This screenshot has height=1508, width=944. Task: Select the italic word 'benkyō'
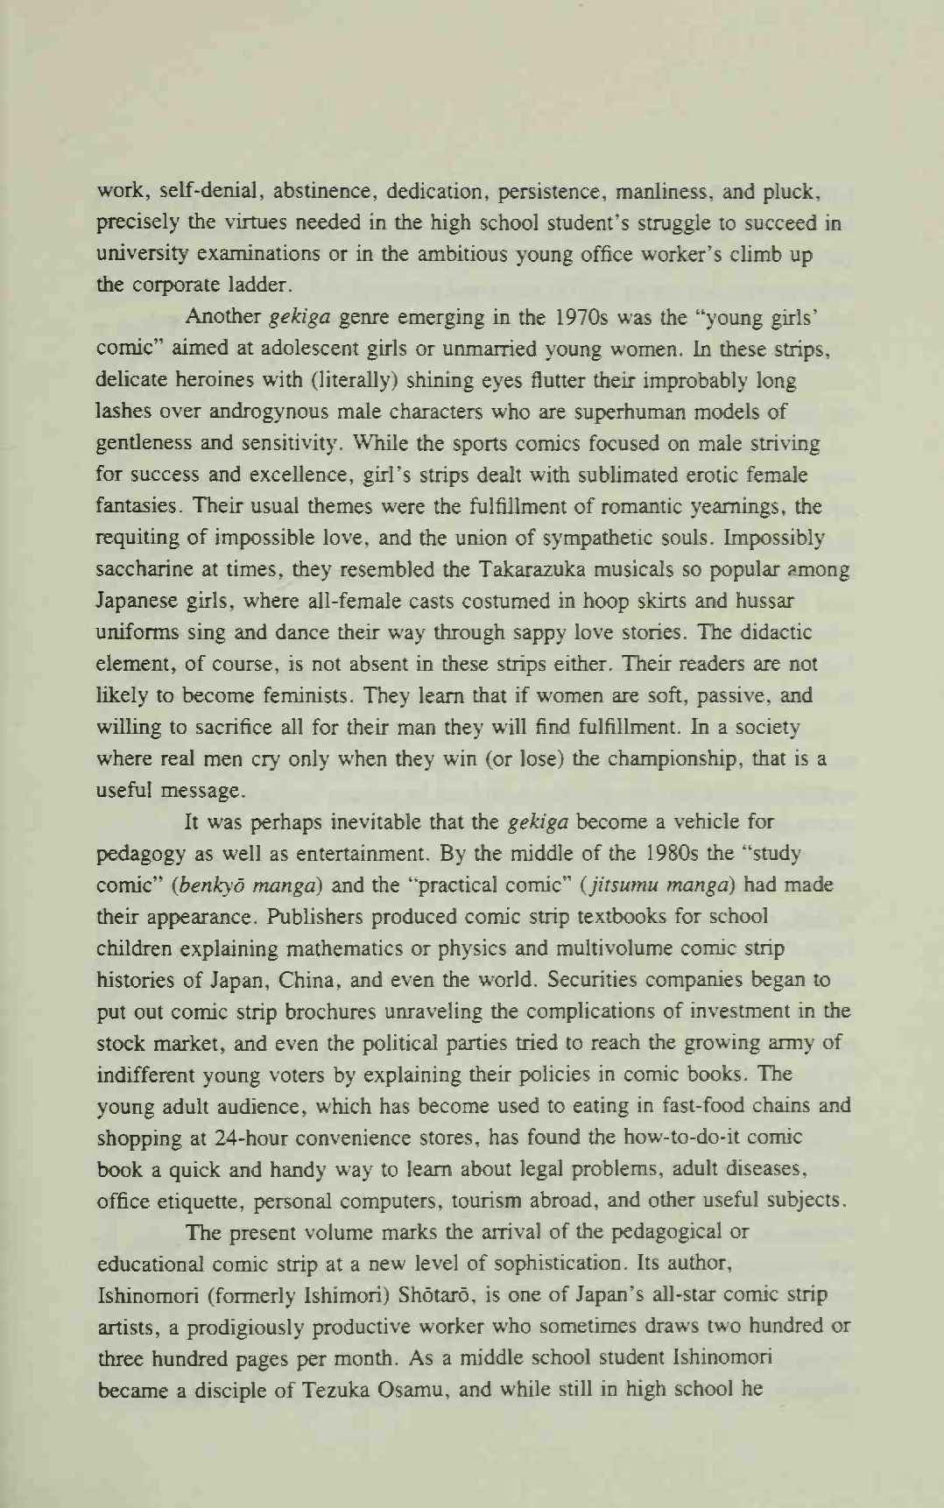click(x=208, y=884)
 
